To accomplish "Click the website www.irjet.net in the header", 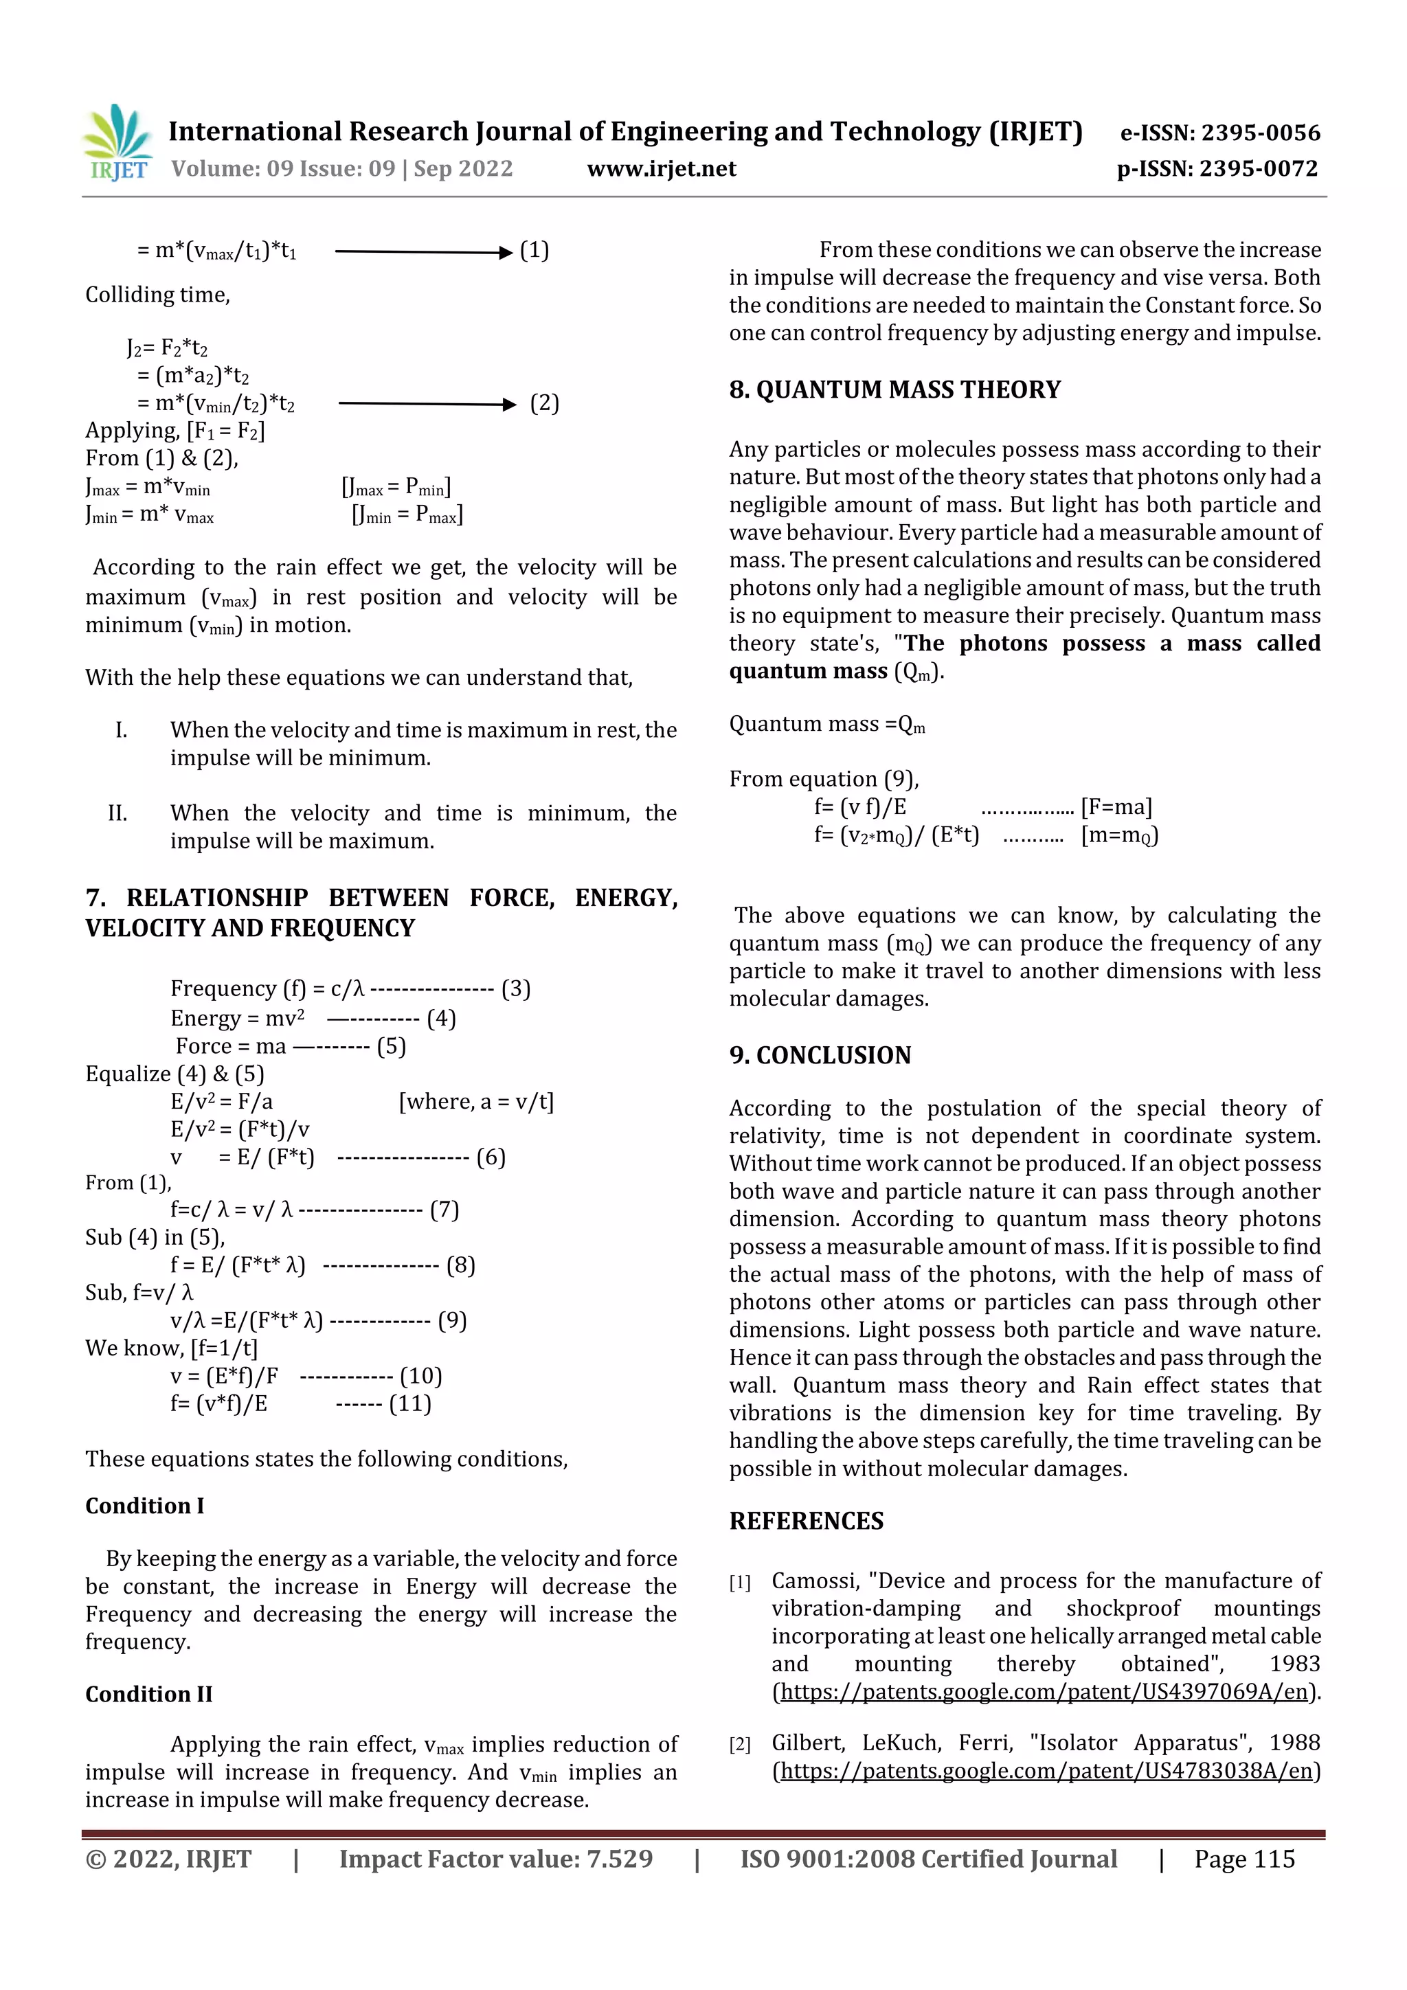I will point(661,169).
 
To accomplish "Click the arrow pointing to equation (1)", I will point(423,252).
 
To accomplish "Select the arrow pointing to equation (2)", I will point(427,404).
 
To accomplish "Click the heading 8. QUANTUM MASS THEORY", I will point(894,390).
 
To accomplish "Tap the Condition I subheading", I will point(144,1506).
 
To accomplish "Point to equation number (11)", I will point(409,1403).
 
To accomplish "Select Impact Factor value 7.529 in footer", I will point(495,1859).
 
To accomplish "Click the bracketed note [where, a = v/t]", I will point(475,1102).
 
